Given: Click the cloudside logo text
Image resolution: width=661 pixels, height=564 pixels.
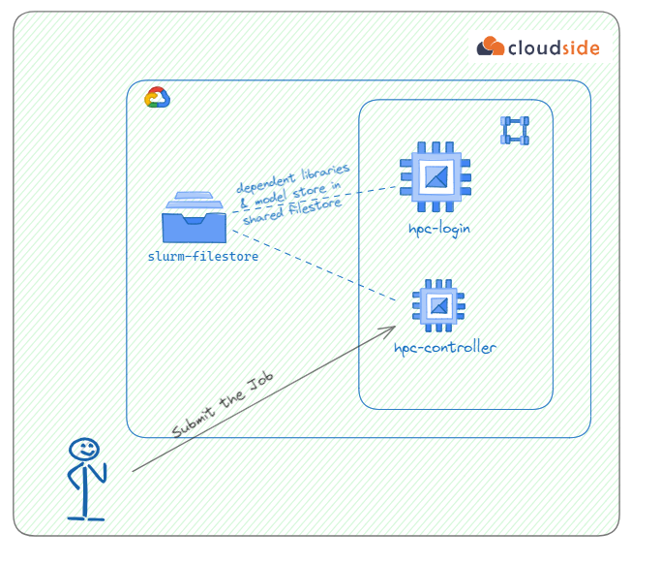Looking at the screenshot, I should pos(554,47).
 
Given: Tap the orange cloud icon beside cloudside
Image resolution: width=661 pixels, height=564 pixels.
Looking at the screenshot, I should pos(492,46).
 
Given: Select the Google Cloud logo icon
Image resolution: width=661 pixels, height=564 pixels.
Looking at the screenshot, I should pos(157,98).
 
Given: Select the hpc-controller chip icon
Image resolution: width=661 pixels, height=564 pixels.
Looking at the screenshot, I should pos(439,305).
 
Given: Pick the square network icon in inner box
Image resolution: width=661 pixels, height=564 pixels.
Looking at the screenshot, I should pos(514,130).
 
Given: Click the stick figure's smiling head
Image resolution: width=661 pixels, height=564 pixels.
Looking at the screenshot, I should pos(84,451).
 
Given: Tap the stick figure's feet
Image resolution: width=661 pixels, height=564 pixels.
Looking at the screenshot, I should pos(85,517).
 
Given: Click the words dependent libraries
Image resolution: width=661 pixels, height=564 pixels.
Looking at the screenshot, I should pos(293,179).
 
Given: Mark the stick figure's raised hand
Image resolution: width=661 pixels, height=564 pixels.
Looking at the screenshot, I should pos(105,468).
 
